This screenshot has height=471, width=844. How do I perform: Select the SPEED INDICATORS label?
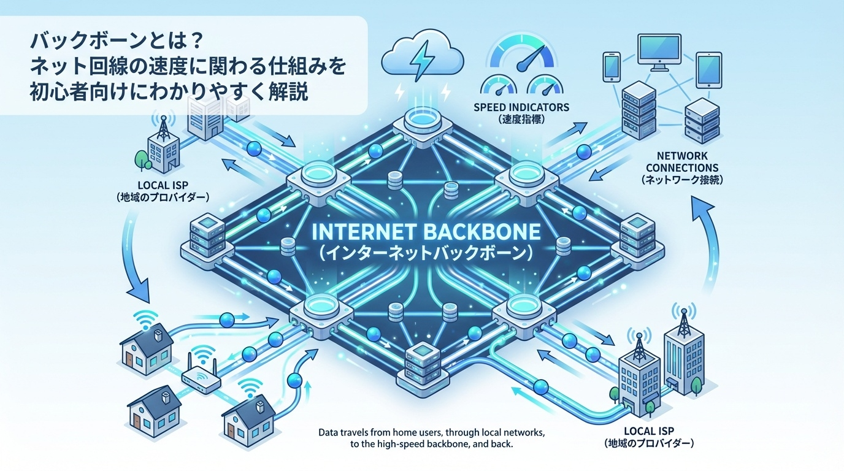tap(521, 107)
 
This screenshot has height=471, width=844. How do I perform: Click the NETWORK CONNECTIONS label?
tap(678, 162)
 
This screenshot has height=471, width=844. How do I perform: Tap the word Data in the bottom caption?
tap(329, 433)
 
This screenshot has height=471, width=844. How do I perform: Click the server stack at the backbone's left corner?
tap(207, 236)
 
